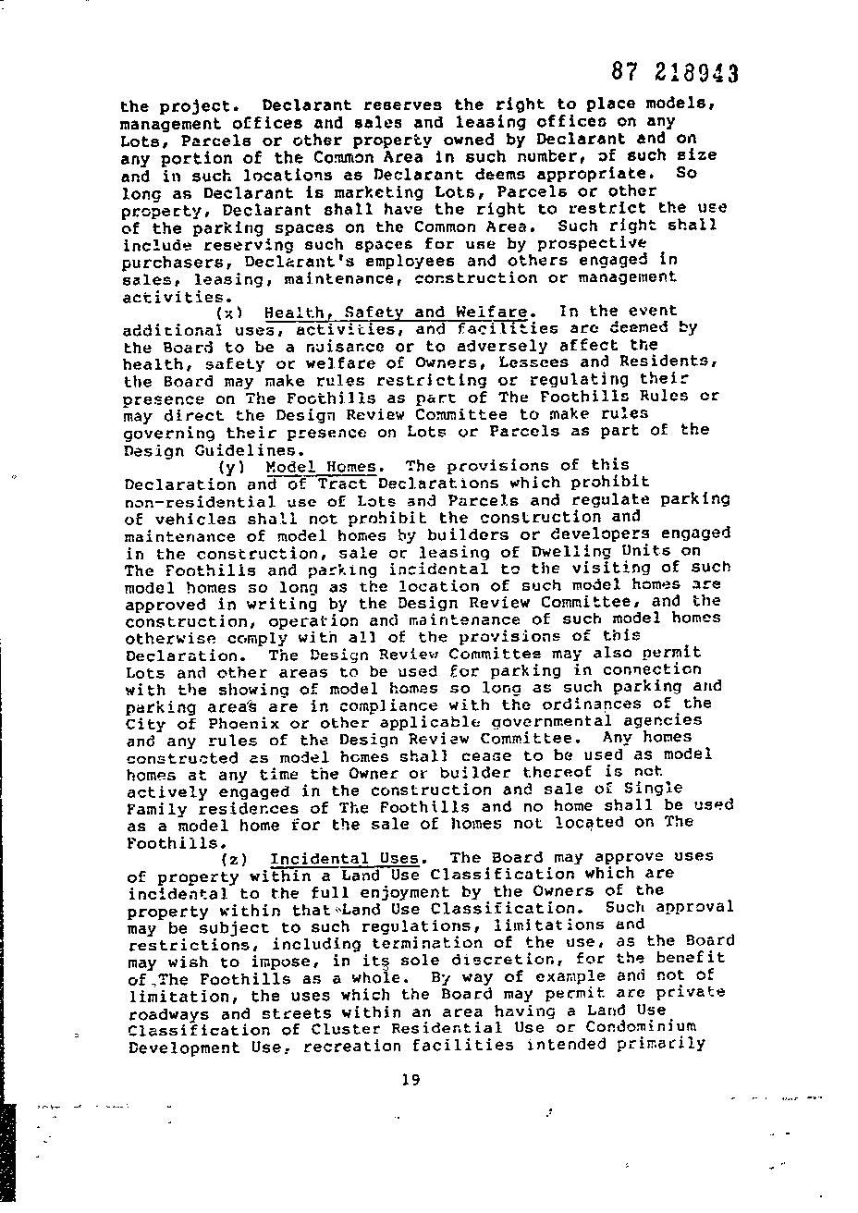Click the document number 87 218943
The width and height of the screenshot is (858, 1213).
(x=675, y=73)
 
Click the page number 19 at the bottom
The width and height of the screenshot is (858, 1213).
(x=411, y=1078)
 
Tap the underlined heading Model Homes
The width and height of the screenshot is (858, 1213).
(x=321, y=466)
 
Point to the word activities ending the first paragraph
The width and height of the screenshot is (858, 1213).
(x=173, y=297)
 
